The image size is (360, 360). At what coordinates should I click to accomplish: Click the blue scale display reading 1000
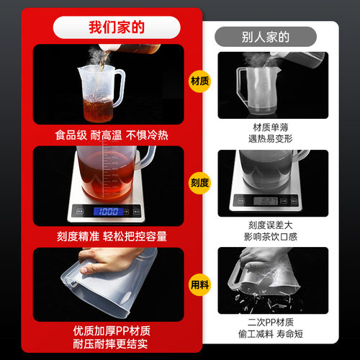pyautogui.click(x=110, y=212)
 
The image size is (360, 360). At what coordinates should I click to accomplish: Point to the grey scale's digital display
pyautogui.click(x=266, y=201)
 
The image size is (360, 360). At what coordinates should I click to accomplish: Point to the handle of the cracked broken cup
pyautogui.click(x=233, y=275)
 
